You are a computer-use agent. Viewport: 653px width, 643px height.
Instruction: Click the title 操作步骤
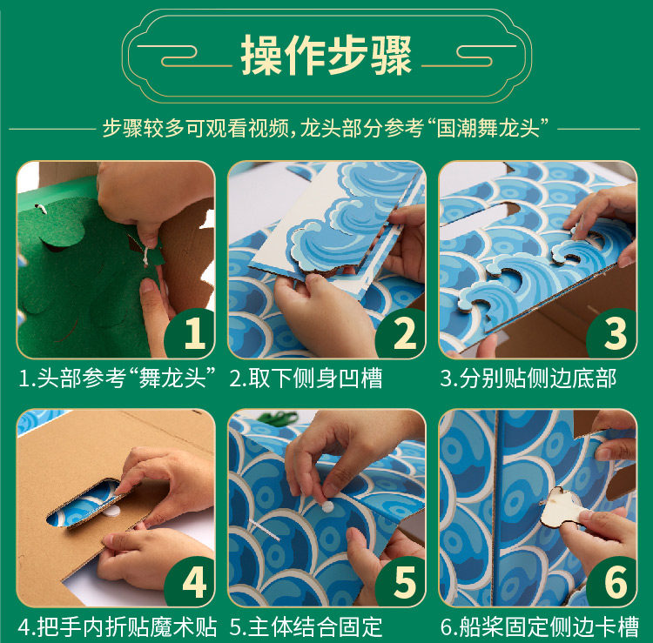tap(326, 55)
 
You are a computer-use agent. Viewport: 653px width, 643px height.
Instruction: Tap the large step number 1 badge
tap(191, 333)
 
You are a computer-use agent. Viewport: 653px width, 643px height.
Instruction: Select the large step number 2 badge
tap(401, 333)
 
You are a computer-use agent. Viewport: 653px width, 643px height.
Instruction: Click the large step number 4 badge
tap(191, 581)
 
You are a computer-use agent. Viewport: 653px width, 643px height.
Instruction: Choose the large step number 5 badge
tap(401, 581)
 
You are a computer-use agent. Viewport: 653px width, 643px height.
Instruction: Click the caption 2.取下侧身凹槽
tap(306, 378)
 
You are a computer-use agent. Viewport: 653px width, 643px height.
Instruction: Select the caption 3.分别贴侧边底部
tap(528, 378)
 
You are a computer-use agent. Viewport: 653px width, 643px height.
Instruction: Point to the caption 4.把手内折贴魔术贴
tap(118, 626)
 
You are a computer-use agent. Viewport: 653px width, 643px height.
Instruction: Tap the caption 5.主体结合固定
tap(306, 626)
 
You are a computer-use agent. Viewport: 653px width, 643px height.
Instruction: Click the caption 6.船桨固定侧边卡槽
tap(540, 626)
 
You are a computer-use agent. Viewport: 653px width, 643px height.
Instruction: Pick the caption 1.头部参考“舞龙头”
tap(117, 378)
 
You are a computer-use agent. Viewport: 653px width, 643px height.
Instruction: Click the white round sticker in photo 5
tap(327, 507)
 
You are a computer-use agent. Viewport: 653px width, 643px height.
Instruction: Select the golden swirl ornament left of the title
tap(183, 56)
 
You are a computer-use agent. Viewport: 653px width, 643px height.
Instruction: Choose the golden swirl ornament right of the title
tap(469, 56)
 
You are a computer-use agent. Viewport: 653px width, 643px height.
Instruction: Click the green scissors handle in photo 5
tap(279, 418)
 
